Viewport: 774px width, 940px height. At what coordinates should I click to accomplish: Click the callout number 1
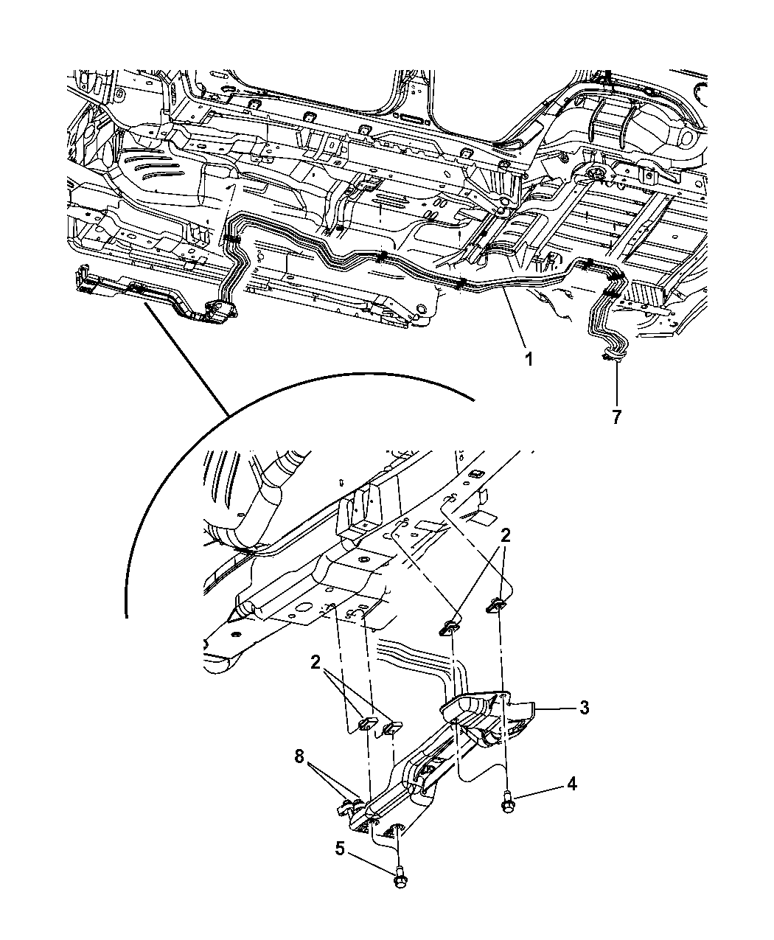click(529, 360)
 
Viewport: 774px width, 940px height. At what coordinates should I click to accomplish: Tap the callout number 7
click(616, 417)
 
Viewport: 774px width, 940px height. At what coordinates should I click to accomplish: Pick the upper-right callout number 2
click(506, 536)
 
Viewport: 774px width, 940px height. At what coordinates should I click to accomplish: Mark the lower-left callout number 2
click(315, 662)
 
